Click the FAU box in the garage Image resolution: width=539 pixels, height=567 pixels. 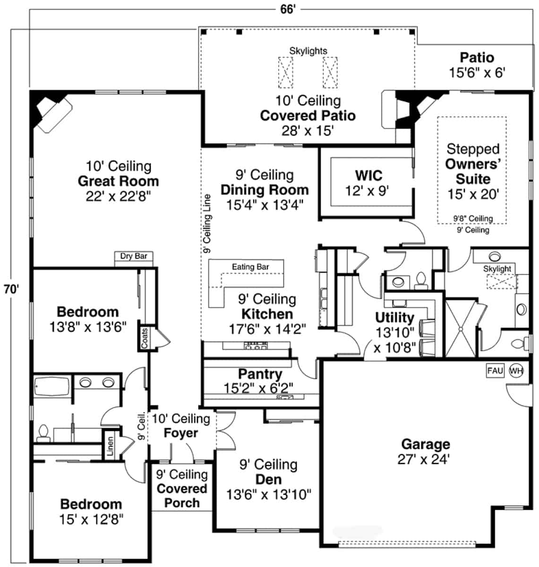point(495,371)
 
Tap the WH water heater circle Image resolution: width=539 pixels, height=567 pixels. point(516,371)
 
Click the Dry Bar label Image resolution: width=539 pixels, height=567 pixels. point(134,257)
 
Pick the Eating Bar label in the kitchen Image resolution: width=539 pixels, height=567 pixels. point(250,267)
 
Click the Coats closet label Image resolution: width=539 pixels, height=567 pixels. point(145,338)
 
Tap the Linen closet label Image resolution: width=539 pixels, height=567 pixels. point(110,446)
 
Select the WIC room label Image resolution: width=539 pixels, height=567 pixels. point(368,175)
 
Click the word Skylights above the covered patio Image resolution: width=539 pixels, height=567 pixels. point(308,51)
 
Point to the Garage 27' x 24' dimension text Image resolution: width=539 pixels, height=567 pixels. point(424,459)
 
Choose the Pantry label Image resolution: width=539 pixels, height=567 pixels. point(260,374)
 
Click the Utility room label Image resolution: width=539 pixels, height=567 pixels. point(394,318)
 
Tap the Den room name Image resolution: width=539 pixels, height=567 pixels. point(268,480)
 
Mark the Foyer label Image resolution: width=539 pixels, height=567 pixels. point(181,433)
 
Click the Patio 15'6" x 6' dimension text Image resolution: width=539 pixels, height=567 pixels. point(477,72)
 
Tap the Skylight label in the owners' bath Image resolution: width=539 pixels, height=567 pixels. point(497,269)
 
